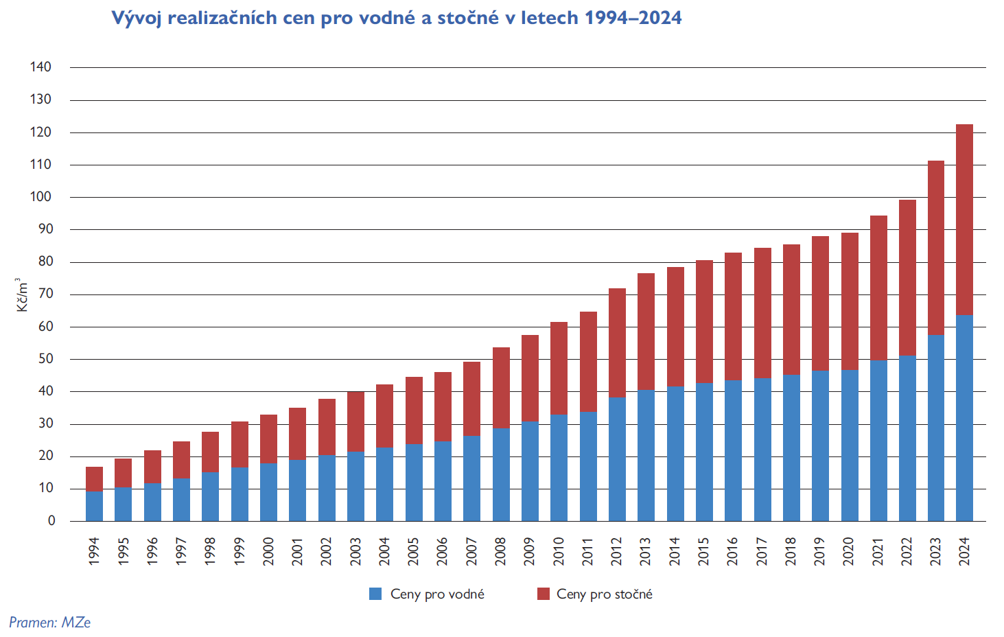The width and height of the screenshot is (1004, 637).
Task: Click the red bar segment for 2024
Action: [964, 220]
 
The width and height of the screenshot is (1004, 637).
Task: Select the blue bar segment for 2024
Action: [964, 418]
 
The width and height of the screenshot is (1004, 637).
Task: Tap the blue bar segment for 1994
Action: [94, 506]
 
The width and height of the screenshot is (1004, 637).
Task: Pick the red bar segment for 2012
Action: [617, 343]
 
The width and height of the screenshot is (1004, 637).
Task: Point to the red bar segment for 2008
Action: [501, 388]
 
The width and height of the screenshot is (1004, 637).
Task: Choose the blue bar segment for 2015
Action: [704, 452]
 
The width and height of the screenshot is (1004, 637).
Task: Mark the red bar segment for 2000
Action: [268, 439]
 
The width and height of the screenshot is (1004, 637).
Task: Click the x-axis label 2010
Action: [559, 551]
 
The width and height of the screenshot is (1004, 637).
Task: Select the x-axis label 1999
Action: [240, 551]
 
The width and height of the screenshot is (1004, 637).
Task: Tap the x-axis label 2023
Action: [935, 551]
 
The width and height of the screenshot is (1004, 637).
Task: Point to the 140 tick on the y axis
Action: [40, 67]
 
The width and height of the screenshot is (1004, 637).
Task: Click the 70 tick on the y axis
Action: [45, 294]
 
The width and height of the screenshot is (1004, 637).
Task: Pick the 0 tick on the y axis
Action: [51, 521]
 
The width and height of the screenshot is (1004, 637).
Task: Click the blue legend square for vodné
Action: [375, 594]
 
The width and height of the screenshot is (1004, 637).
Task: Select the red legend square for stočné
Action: [544, 594]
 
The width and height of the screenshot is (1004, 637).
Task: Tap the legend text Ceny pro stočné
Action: [604, 594]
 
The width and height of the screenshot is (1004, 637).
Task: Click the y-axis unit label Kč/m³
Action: [22, 295]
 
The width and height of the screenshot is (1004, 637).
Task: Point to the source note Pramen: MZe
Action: [49, 623]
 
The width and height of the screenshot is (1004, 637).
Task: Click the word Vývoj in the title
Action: [137, 18]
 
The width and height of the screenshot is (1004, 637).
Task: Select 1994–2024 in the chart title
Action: [633, 18]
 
